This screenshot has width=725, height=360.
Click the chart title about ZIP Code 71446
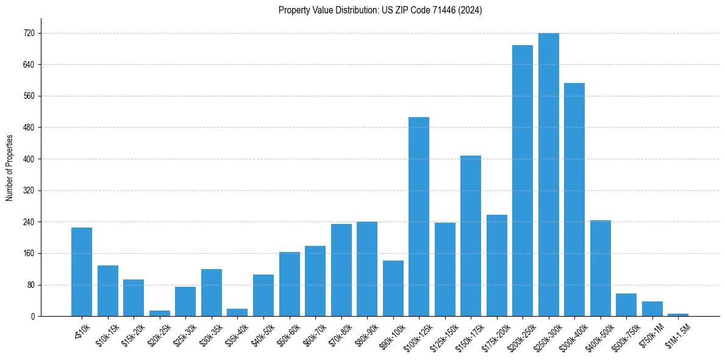click(x=380, y=10)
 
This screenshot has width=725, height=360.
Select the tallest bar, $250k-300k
click(x=548, y=175)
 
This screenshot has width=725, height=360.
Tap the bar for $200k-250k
click(x=523, y=181)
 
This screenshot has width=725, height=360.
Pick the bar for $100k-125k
click(x=419, y=217)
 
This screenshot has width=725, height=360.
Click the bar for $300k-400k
click(x=574, y=200)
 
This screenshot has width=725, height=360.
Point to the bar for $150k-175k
click(x=471, y=236)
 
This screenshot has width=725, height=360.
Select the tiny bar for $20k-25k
click(x=160, y=314)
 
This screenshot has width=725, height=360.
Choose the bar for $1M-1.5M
click(x=678, y=315)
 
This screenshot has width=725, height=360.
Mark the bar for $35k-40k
click(x=237, y=312)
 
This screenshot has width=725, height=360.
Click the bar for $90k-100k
click(x=393, y=289)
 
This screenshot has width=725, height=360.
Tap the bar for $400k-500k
click(x=600, y=268)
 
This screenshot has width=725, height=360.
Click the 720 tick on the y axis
click(x=29, y=34)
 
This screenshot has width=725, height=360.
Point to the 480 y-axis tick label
click(x=29, y=128)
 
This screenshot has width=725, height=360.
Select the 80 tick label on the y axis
click(x=30, y=285)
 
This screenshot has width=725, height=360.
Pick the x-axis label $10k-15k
click(x=107, y=336)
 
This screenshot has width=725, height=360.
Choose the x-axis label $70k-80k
click(x=341, y=336)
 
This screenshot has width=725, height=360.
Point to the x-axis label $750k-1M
click(x=652, y=336)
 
